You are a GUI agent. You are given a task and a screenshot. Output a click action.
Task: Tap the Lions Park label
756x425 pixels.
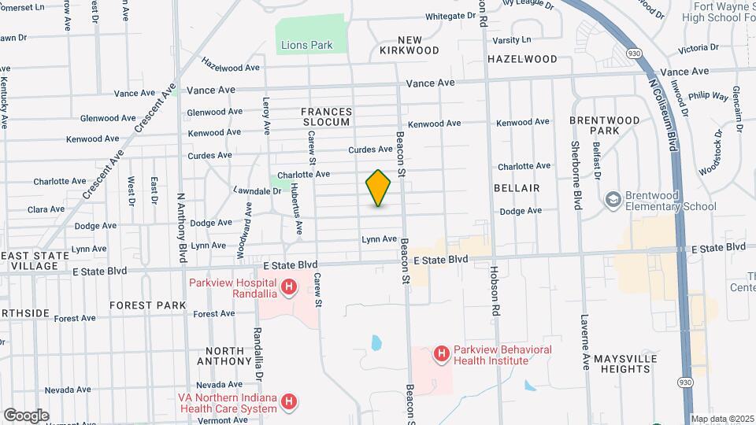tap(306, 45)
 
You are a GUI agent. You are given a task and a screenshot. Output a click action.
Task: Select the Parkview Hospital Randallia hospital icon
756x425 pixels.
tap(289, 288)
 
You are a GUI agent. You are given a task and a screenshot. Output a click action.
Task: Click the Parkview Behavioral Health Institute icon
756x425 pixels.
tap(441, 355)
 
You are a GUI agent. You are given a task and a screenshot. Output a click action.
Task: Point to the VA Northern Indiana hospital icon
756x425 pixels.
tap(289, 402)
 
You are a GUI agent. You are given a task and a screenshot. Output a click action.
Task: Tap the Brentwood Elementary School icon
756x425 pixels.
tap(613, 201)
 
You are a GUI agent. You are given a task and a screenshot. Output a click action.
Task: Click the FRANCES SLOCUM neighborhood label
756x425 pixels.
tap(325, 117)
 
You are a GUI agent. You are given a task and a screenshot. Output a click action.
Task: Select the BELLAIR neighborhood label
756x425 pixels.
tap(517, 188)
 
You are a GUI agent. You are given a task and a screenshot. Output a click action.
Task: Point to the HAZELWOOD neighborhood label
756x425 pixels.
tap(522, 59)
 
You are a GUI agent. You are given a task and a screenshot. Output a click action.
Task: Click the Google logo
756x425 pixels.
tap(26, 415)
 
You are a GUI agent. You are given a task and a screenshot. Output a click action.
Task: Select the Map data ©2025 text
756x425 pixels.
tap(721, 419)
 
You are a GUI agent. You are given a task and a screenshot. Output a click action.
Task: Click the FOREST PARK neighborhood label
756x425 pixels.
tap(147, 305)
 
